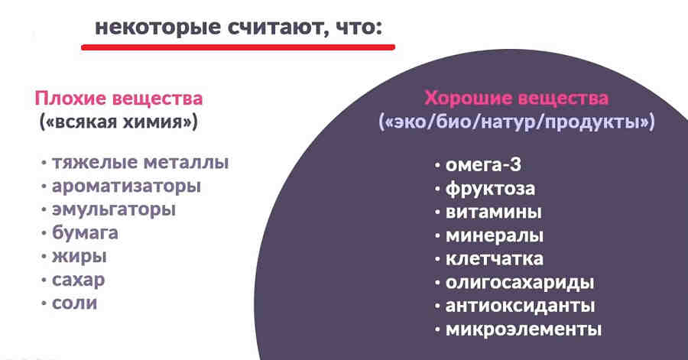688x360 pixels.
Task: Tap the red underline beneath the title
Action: click(238, 47)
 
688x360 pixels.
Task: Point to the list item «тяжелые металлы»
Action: click(141, 163)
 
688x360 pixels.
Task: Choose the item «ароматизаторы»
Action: click(127, 186)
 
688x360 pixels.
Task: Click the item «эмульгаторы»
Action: click(125, 209)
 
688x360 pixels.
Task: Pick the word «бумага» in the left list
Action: click(86, 232)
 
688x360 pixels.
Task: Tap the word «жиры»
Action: click(80, 256)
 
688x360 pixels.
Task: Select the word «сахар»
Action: click(80, 279)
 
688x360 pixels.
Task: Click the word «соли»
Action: click(76, 303)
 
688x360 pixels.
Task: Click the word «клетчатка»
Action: click(495, 258)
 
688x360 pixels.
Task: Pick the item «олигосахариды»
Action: click(520, 282)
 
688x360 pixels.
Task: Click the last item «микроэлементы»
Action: click(524, 329)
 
